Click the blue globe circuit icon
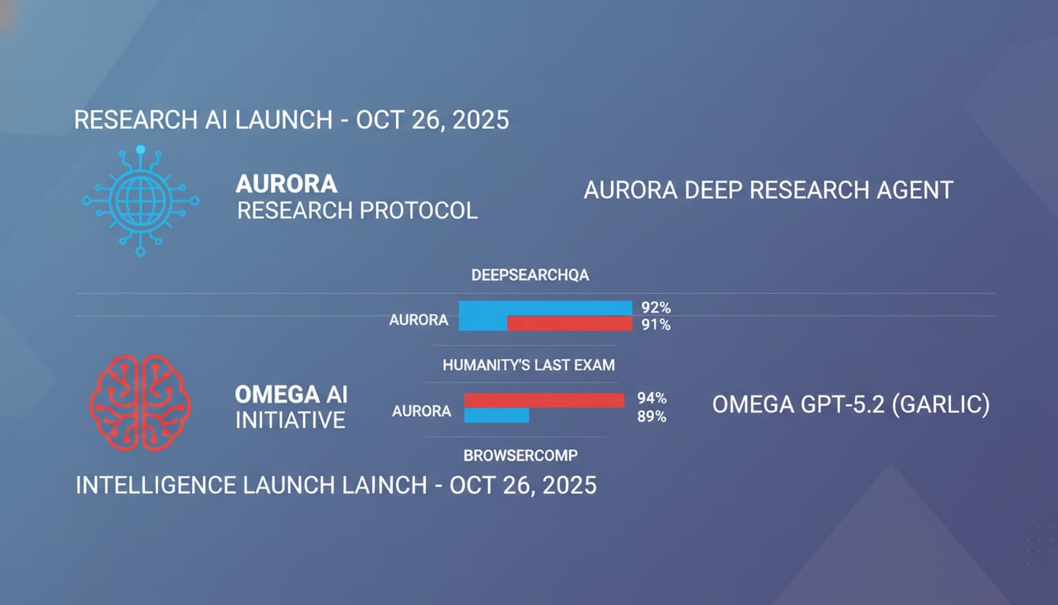(140, 200)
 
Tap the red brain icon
(140, 403)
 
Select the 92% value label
(656, 308)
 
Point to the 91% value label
(656, 325)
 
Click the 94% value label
(652, 399)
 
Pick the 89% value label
(652, 417)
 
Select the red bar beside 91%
(570, 324)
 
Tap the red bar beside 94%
(544, 400)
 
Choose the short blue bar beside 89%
(497, 415)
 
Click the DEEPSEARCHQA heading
(530, 275)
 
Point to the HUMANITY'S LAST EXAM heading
(528, 365)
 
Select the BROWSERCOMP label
(520, 455)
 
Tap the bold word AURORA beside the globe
(287, 184)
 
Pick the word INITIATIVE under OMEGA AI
(290, 420)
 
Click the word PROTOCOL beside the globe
(419, 210)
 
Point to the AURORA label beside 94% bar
(421, 411)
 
